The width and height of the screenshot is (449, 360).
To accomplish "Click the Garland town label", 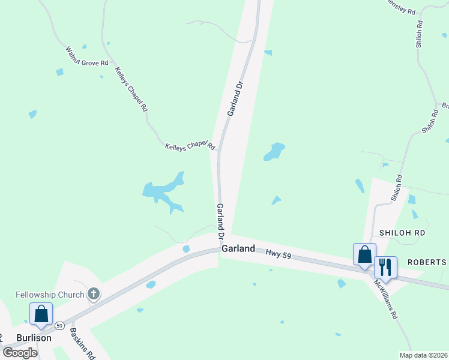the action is (x=238, y=248).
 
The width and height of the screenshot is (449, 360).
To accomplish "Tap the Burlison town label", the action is (x=34, y=338).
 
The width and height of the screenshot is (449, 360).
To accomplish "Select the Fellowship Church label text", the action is (x=51, y=294).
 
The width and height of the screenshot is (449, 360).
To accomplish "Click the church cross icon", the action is (x=93, y=294).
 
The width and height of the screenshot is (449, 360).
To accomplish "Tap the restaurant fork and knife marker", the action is (x=386, y=266).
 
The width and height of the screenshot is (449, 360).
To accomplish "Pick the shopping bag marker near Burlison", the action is (x=41, y=313).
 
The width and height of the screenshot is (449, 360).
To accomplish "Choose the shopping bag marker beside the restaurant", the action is (x=364, y=254).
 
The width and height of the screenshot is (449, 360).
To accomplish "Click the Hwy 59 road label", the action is (x=279, y=255).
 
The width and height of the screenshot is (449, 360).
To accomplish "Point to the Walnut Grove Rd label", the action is (x=87, y=55).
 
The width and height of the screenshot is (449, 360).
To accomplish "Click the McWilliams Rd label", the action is (x=386, y=298).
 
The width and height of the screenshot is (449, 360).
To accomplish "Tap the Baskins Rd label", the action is (x=82, y=343).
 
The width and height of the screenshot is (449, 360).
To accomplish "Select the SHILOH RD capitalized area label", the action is (x=402, y=233).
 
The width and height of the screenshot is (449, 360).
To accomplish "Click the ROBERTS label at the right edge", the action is (x=427, y=262).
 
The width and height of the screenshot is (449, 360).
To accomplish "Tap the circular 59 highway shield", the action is (x=59, y=326).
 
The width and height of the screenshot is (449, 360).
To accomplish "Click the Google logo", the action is (x=20, y=352).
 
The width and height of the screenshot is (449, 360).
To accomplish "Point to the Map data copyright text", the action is (x=424, y=355).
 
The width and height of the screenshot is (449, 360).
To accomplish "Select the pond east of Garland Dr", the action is (x=274, y=152).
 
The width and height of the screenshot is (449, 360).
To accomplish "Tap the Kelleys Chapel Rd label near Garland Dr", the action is (x=190, y=146).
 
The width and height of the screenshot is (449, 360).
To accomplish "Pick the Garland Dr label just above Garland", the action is (x=220, y=218).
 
